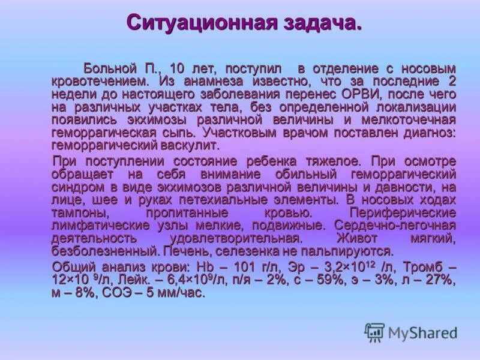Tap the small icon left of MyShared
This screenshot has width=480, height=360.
coord(374,332)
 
